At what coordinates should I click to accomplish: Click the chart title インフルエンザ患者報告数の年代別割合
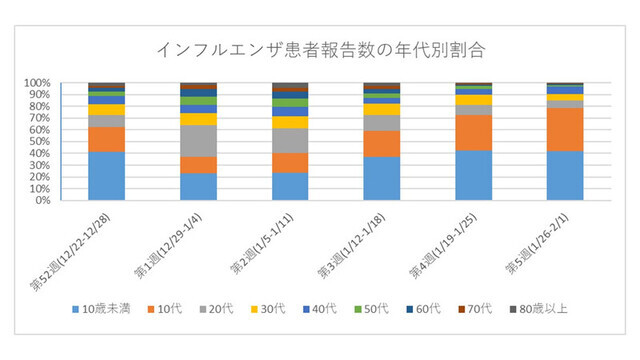tap(320, 50)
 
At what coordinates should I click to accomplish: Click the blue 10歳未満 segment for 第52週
tap(106, 176)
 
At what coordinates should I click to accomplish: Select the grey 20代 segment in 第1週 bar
tap(198, 141)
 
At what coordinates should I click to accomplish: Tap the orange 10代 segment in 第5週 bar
tap(565, 129)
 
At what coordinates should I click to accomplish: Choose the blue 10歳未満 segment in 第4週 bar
tap(473, 175)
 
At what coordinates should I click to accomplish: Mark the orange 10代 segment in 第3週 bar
tap(381, 144)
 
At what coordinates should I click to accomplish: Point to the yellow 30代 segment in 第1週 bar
tap(198, 119)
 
